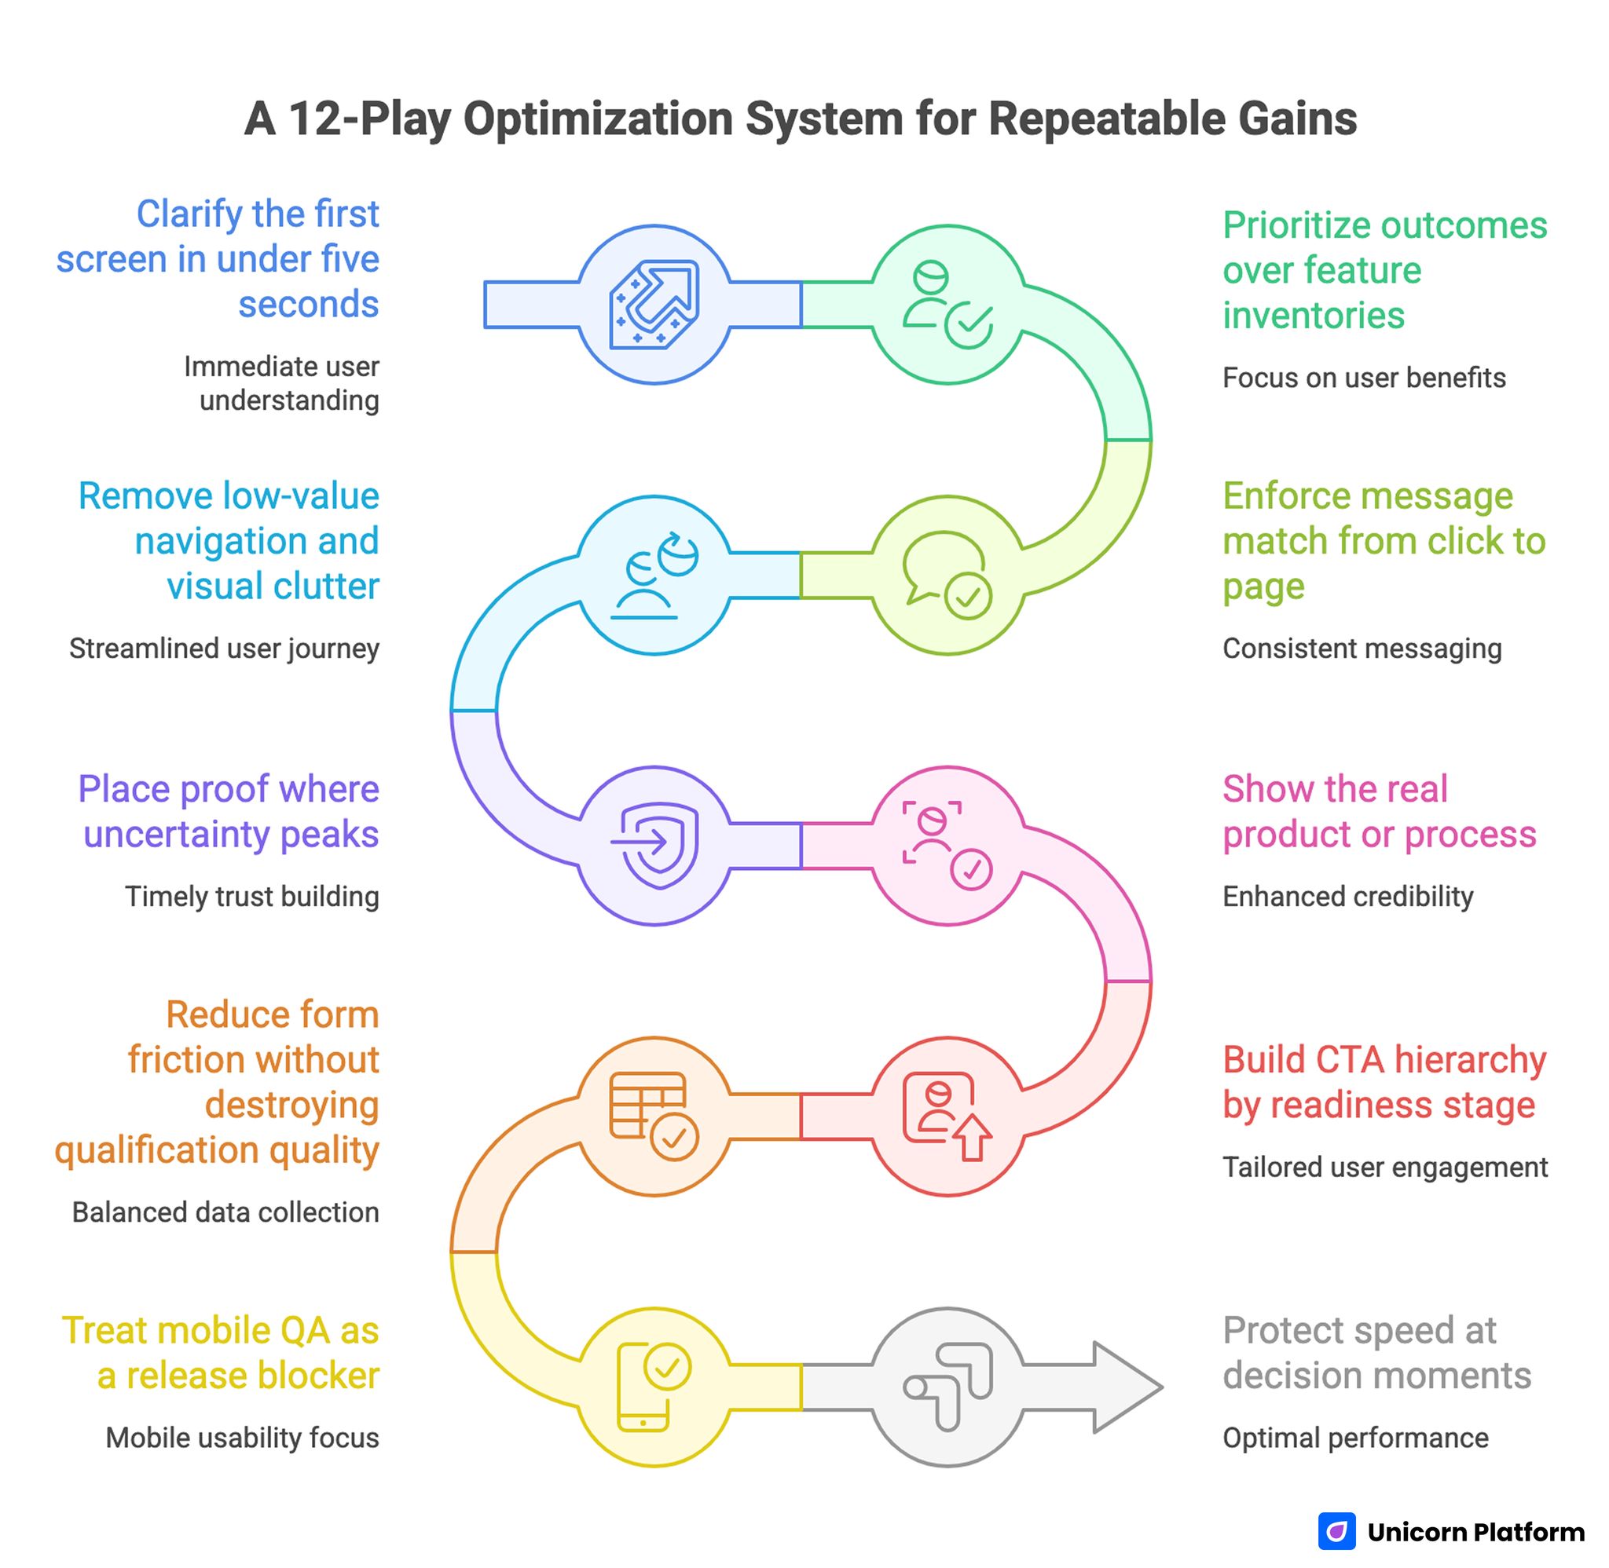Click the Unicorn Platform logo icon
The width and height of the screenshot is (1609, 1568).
pos(1336,1531)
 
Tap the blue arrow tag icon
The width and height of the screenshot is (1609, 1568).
pos(654,305)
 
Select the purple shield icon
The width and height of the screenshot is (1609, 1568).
pos(657,846)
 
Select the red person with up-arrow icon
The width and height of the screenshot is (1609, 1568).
pos(947,1116)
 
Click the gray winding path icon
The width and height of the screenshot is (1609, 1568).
pos(947,1387)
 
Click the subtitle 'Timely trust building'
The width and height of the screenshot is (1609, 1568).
pos(251,896)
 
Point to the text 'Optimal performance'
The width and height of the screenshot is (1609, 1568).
pos(1354,1438)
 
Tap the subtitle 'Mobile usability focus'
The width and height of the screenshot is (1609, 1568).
pos(242,1438)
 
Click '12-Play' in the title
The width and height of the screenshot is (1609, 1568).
pos(369,119)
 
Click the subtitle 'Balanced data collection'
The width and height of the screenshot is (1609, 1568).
pos(225,1212)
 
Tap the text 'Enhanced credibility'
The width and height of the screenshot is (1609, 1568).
pos(1347,896)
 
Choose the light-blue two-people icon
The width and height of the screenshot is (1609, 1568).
pos(654,575)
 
